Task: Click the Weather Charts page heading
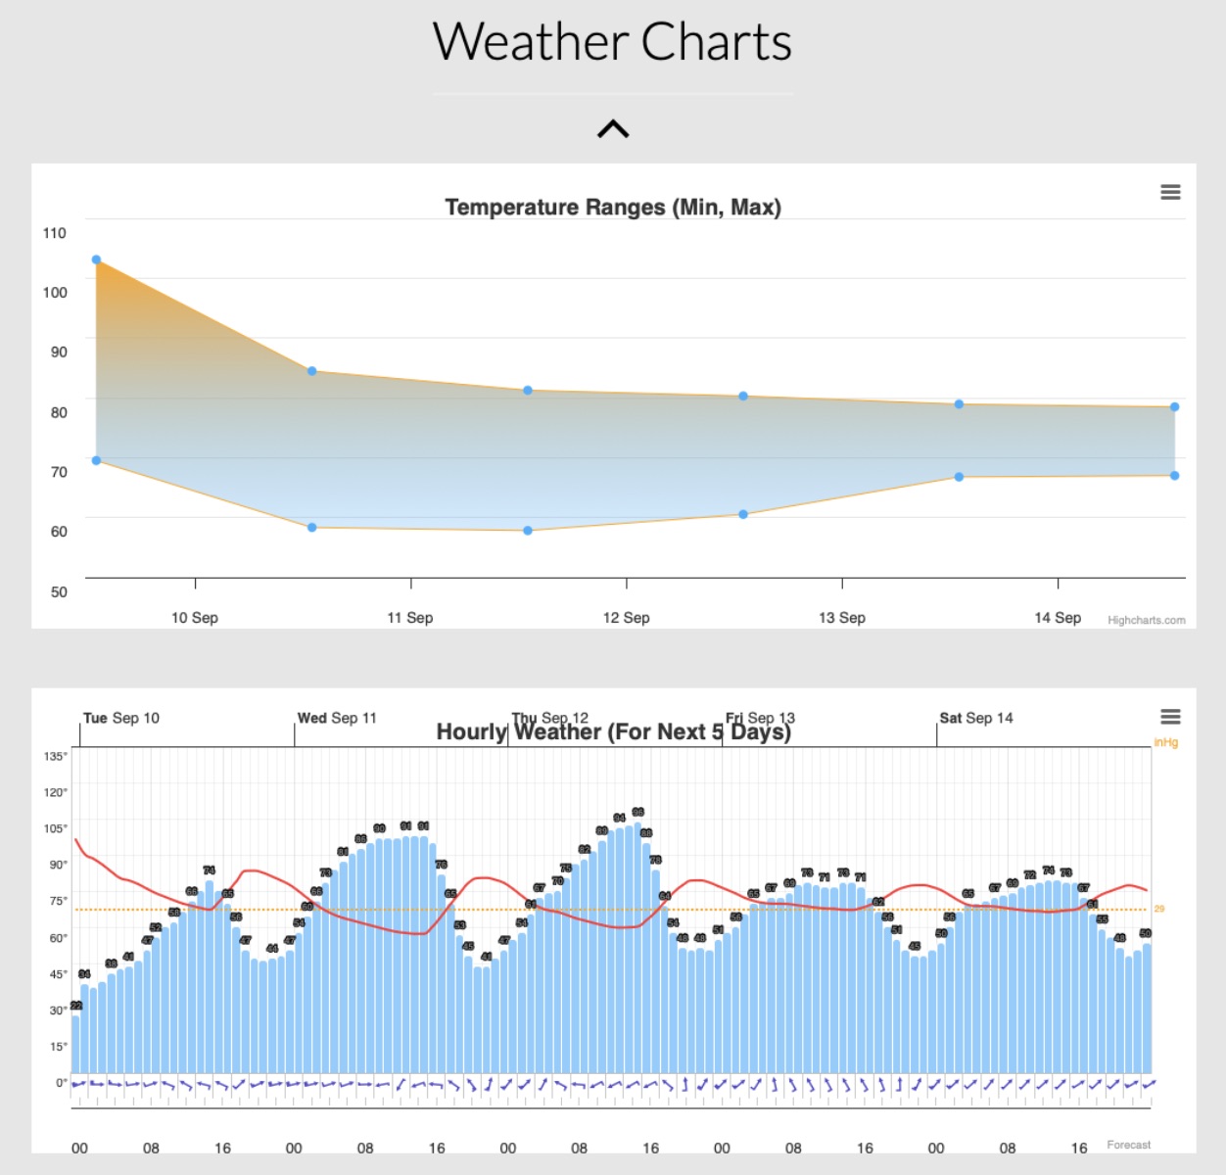(x=612, y=43)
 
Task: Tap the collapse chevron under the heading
(x=613, y=129)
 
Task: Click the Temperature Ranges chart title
(x=613, y=208)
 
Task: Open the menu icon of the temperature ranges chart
(x=1170, y=192)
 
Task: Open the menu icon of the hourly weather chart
(x=1170, y=717)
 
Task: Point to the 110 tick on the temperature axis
(x=55, y=233)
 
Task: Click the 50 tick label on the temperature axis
(x=59, y=591)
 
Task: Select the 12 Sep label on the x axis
(x=626, y=618)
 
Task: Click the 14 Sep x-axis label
(x=1058, y=618)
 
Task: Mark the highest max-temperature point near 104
(x=96, y=259)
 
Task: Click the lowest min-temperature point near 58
(x=528, y=531)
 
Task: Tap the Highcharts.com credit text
(x=1146, y=620)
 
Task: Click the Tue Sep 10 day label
(x=120, y=718)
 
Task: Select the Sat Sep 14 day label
(x=976, y=718)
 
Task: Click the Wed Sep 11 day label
(x=337, y=718)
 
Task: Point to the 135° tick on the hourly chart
(x=56, y=756)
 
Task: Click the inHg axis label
(x=1165, y=742)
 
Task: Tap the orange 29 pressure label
(x=1159, y=909)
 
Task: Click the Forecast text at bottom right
(x=1128, y=1145)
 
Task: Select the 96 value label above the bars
(x=637, y=812)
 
